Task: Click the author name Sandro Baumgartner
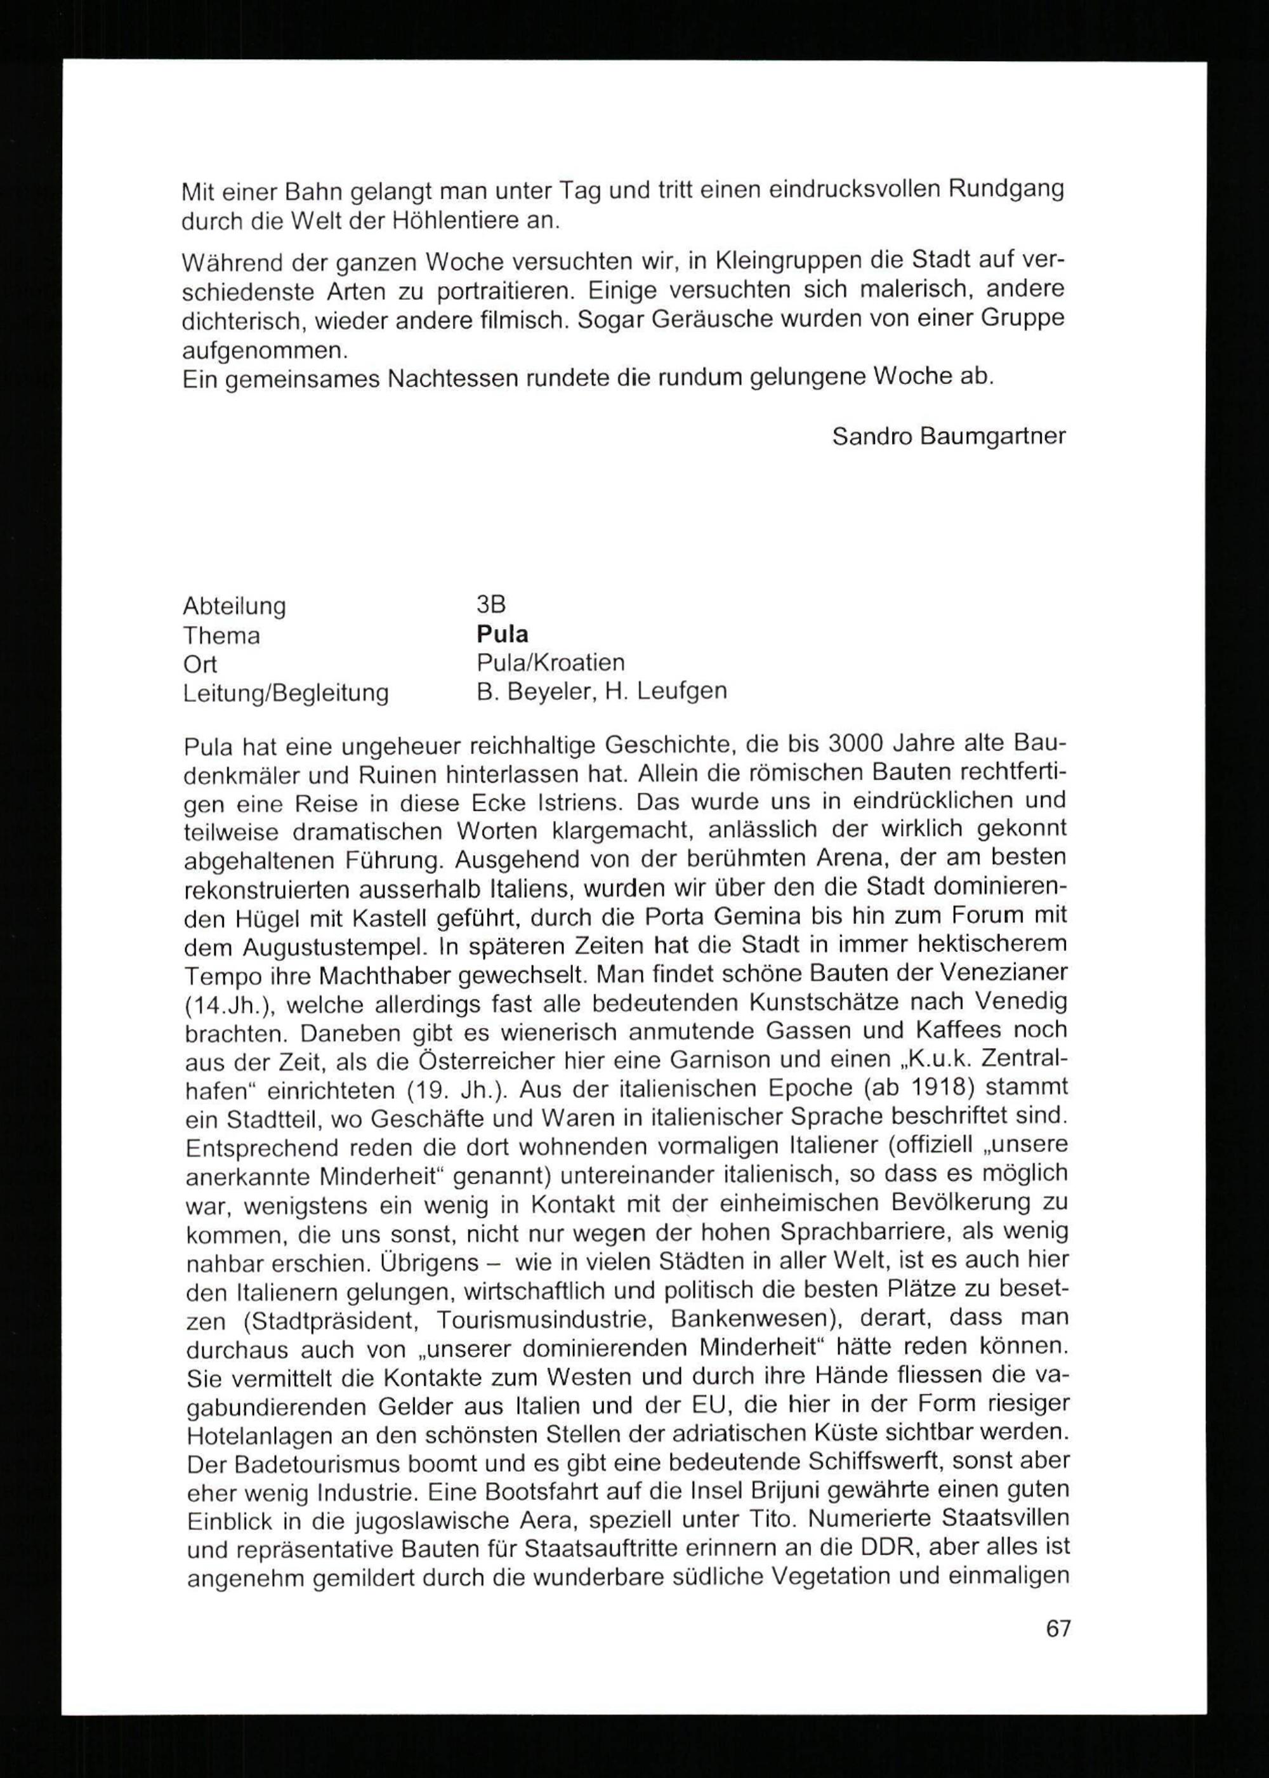point(949,436)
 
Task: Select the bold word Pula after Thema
point(503,634)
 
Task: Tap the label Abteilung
point(234,606)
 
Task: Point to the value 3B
point(490,604)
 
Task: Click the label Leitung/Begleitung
point(286,693)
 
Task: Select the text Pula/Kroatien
point(551,663)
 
